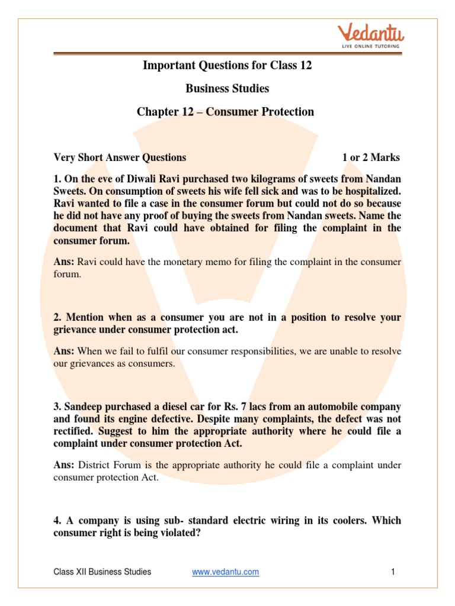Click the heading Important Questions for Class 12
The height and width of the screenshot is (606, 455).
pos(227,65)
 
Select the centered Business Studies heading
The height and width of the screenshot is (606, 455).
pos(227,88)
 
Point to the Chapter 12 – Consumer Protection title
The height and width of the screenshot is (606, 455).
pos(226,111)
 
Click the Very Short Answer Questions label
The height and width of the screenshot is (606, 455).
pos(120,157)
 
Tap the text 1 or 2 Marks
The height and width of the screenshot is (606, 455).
pos(371,157)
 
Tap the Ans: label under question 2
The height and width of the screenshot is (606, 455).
pos(64,351)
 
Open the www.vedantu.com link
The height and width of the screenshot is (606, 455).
pos(226,572)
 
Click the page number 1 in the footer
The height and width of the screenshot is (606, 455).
pos(393,572)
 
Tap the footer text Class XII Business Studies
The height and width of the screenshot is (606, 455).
pos(102,572)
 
